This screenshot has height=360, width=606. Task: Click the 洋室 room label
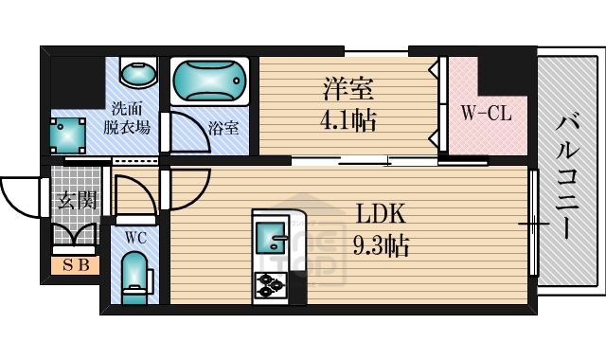pos(348,90)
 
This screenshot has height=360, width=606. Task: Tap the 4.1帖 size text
pos(348,121)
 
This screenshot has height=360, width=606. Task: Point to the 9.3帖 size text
pos(381,247)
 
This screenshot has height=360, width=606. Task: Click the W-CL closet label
pos(486,114)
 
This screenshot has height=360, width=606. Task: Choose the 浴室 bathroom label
pos(223,126)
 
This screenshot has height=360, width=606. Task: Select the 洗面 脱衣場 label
pos(130,117)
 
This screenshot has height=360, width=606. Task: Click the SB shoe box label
pos(75,265)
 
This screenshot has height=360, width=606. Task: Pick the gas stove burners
pos(272,282)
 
